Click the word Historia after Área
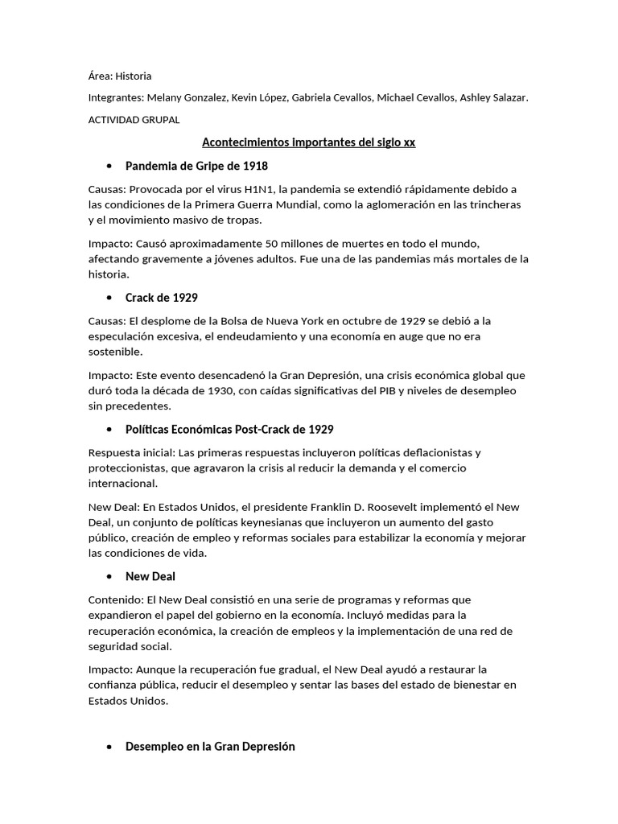tap(134, 76)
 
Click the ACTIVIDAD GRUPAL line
tap(134, 120)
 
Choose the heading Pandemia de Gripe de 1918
tap(196, 166)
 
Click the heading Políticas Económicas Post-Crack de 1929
tap(229, 429)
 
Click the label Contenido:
tap(115, 599)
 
